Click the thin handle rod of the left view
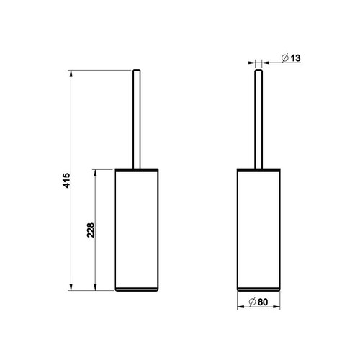135,119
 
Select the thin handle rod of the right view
258,119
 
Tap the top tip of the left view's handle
135,70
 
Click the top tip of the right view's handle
258,70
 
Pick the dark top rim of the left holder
135,170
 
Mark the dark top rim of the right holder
258,170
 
